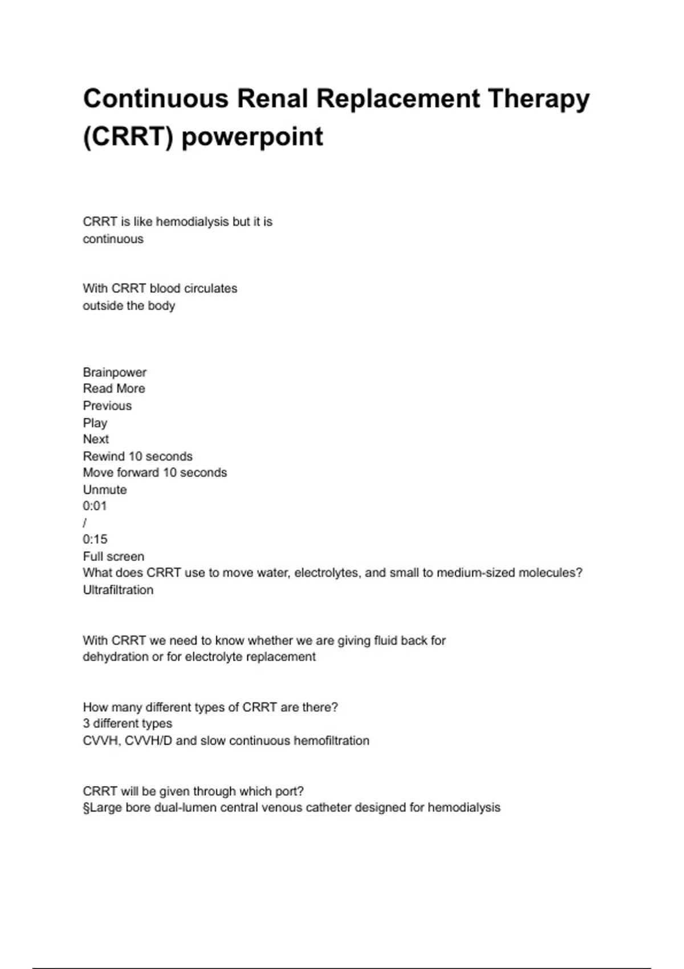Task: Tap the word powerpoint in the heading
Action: (x=252, y=137)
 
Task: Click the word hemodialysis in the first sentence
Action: (x=192, y=222)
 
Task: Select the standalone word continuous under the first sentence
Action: (x=113, y=239)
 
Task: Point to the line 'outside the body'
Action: (x=129, y=306)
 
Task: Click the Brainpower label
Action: (x=115, y=372)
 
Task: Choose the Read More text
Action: (x=114, y=389)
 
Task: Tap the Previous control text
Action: (x=107, y=406)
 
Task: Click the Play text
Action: (x=95, y=423)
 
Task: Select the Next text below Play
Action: (x=96, y=439)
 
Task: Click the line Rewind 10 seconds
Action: (x=137, y=456)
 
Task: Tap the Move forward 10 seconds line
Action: (x=154, y=473)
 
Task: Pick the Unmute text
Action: (x=105, y=490)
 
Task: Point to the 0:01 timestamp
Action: (x=95, y=506)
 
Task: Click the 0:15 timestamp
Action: (x=95, y=539)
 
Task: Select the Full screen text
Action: (x=113, y=556)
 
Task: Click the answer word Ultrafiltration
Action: (x=118, y=590)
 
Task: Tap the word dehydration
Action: (x=115, y=657)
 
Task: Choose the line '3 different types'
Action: (x=127, y=724)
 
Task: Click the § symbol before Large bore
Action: (x=86, y=808)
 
